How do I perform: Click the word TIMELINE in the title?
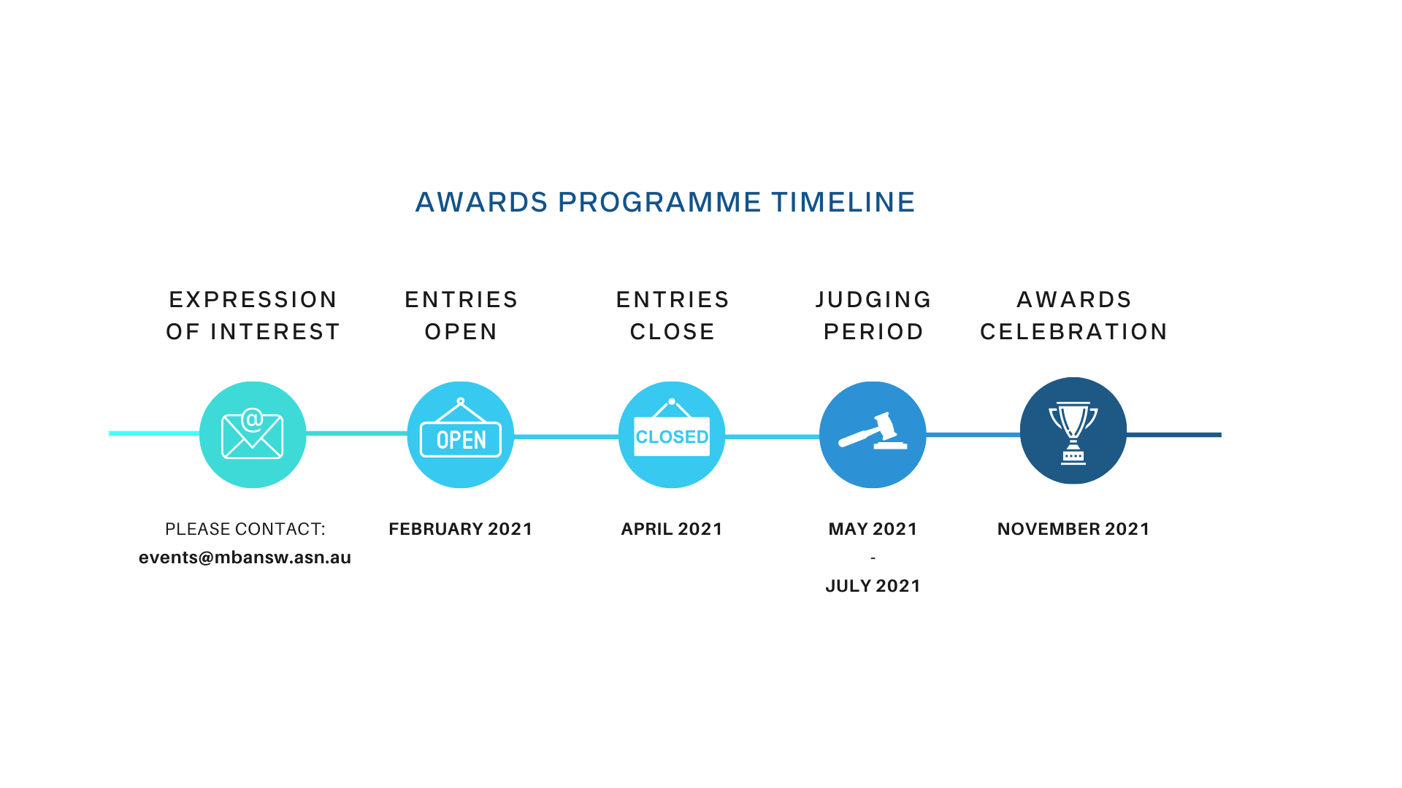(843, 202)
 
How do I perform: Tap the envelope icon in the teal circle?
(253, 433)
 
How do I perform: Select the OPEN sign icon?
(461, 428)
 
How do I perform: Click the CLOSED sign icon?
(672, 428)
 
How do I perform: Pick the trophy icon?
(1073, 433)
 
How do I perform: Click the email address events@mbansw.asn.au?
(245, 557)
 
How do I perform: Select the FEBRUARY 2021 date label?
(461, 529)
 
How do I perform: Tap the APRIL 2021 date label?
(672, 529)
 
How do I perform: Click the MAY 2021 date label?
(873, 529)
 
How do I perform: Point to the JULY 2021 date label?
(873, 586)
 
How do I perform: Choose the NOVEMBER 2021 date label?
(1073, 529)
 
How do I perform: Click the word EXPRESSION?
(253, 300)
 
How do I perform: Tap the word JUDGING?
(873, 300)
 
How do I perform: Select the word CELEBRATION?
(1073, 332)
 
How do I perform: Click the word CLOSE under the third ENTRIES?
(672, 332)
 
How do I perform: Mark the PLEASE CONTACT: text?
(245, 529)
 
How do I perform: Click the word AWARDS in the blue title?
(481, 202)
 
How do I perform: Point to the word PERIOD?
(873, 332)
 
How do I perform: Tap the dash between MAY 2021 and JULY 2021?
(873, 558)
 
